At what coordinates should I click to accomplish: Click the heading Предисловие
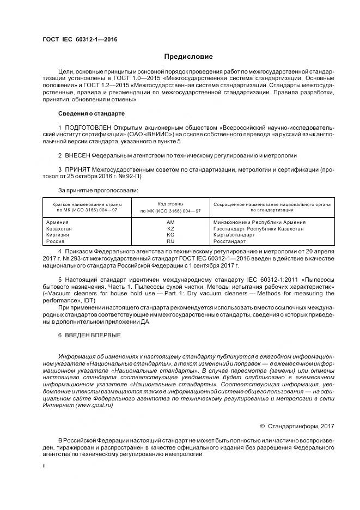tap(188, 57)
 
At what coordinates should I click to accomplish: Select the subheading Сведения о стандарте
tap(91, 113)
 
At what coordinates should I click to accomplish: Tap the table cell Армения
tap(57, 222)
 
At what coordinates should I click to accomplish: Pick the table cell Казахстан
tap(59, 228)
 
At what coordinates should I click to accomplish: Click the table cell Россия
tap(56, 240)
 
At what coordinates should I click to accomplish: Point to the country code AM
tap(170, 222)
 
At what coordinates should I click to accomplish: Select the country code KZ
tap(170, 228)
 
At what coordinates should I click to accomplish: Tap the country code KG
tap(170, 234)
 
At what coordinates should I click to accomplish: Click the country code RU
tap(170, 240)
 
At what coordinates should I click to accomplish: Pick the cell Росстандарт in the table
tap(231, 240)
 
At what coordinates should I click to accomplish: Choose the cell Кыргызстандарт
tap(235, 234)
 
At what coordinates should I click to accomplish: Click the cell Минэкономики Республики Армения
tap(259, 222)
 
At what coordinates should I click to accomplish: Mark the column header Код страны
tap(170, 203)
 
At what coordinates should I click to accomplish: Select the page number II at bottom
tap(45, 466)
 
